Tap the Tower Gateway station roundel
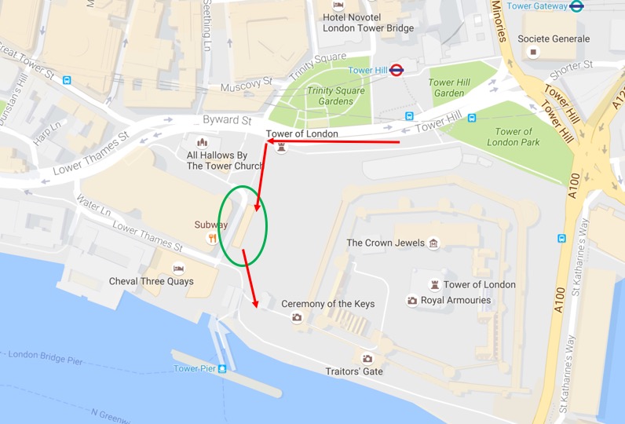(576, 6)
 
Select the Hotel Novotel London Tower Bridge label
(368, 22)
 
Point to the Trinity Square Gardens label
(335, 96)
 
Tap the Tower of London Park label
(514, 137)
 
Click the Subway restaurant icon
(212, 238)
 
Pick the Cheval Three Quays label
(152, 282)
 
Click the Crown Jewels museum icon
(433, 243)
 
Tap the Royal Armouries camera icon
(412, 301)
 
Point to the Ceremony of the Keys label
(328, 304)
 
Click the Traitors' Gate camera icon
(367, 359)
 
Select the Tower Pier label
(195, 368)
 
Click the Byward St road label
(227, 121)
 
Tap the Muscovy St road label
(246, 83)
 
